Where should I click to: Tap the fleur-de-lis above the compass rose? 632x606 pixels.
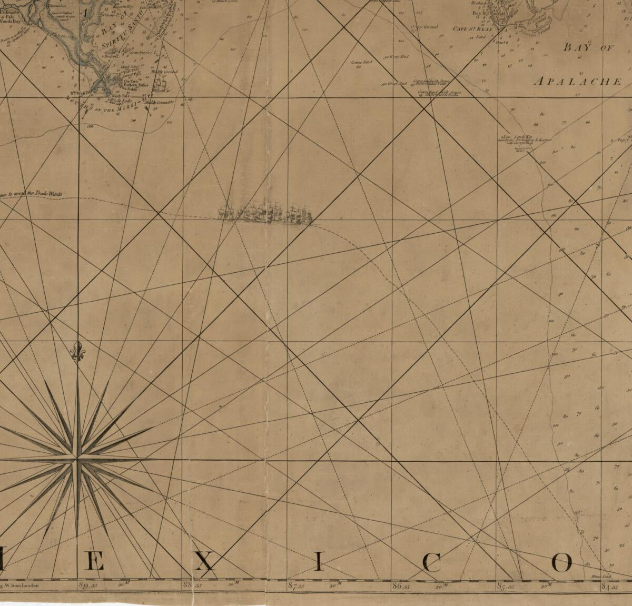pyautogui.click(x=78, y=352)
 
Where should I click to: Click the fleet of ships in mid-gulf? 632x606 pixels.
pyautogui.click(x=266, y=212)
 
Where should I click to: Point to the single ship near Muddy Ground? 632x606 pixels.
pyautogui.click(x=161, y=82)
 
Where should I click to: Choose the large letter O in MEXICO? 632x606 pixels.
pyautogui.click(x=561, y=563)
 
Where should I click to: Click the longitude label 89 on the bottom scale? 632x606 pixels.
pyautogui.click(x=83, y=585)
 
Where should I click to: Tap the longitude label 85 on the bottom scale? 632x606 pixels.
pyautogui.click(x=502, y=585)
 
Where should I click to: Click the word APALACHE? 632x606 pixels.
pyautogui.click(x=578, y=82)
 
